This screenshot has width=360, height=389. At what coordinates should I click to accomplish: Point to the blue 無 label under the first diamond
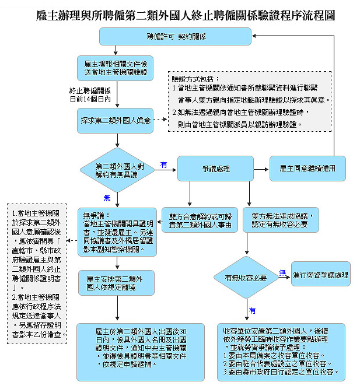tap(107, 197)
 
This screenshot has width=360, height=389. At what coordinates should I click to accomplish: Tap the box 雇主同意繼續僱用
tap(307, 168)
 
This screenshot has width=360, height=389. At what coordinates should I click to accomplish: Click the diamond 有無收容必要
tap(244, 278)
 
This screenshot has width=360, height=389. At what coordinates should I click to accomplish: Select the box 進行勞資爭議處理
tap(321, 274)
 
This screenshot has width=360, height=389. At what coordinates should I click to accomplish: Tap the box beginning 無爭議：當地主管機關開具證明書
tap(118, 230)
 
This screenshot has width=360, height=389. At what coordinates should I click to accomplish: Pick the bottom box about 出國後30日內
tap(134, 347)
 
